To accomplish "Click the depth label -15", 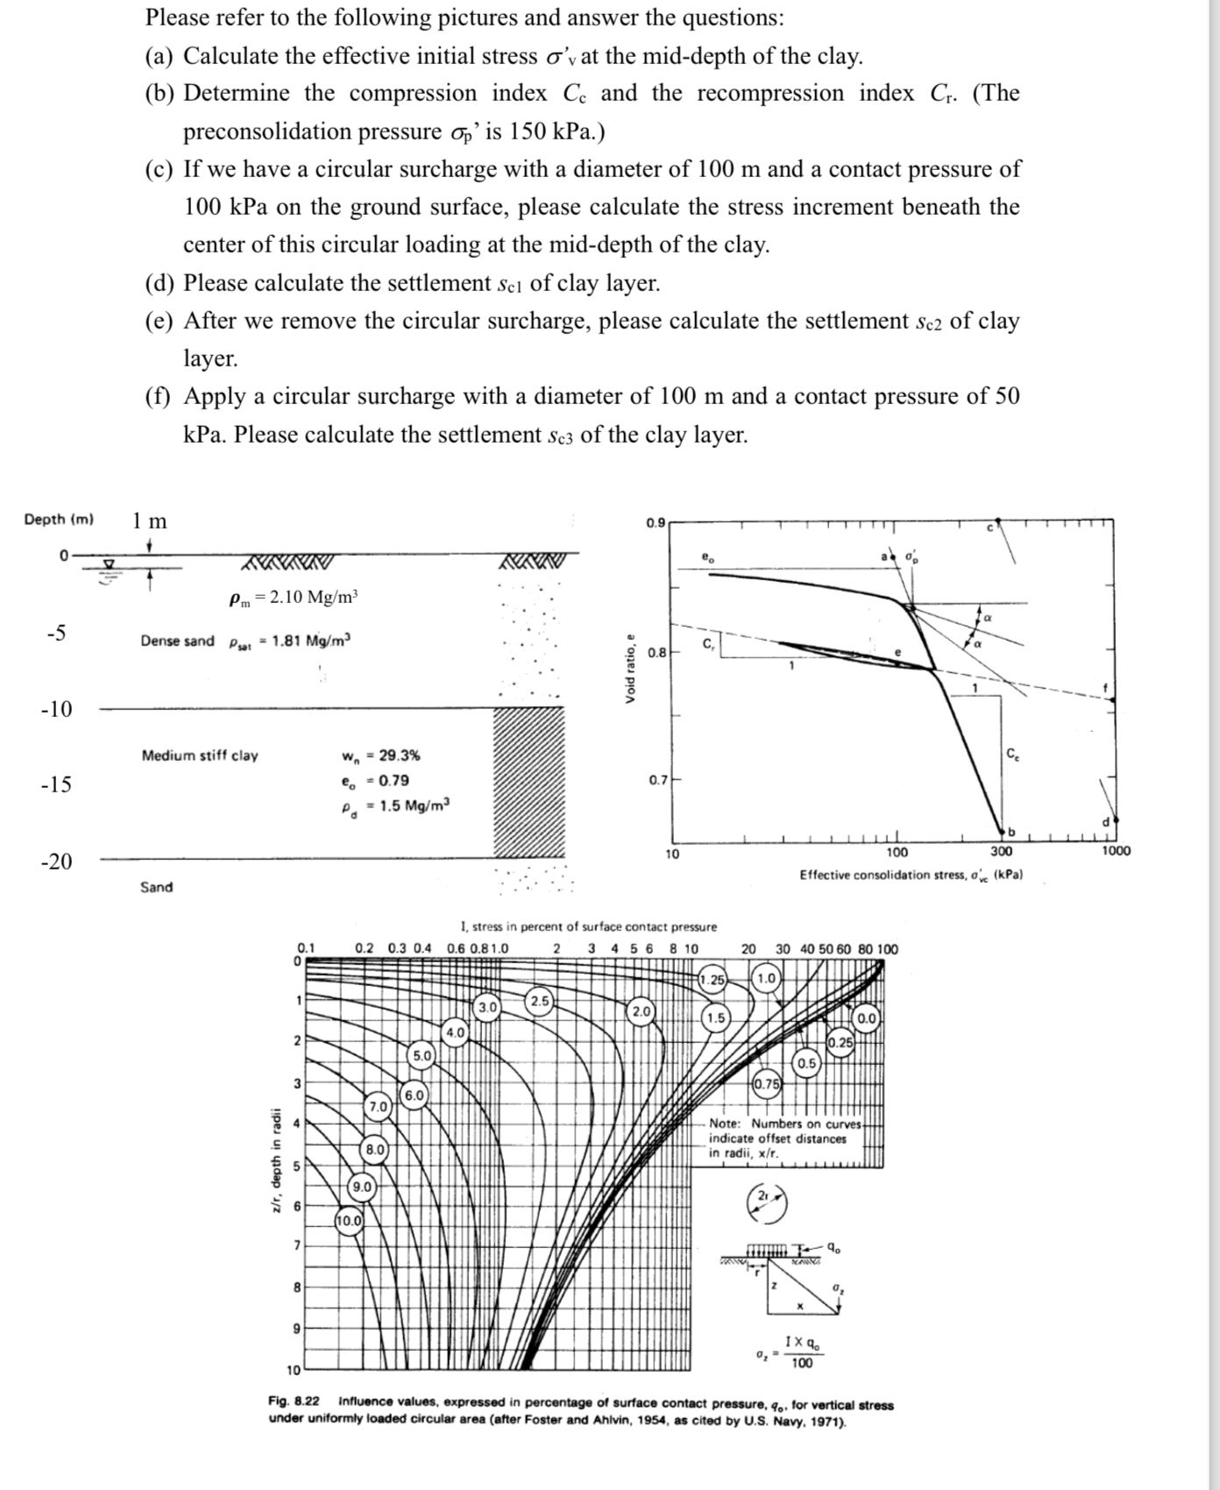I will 57,784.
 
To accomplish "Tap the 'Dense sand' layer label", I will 177,641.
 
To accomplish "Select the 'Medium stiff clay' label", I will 200,756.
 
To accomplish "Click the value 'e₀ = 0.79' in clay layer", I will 375,780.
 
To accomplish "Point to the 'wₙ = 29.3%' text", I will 380,756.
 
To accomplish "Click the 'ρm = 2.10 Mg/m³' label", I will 294,598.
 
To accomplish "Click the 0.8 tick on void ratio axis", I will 657,652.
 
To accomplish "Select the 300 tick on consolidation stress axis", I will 1001,851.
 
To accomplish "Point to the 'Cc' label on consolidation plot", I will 1012,755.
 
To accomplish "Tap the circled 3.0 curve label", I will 487,1007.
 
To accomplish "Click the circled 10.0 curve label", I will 349,1220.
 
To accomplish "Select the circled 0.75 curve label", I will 767,1083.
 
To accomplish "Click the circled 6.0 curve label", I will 414,1095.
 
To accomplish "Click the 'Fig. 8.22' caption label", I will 294,1405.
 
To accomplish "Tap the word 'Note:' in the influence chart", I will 726,1124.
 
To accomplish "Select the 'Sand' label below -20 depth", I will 157,887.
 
